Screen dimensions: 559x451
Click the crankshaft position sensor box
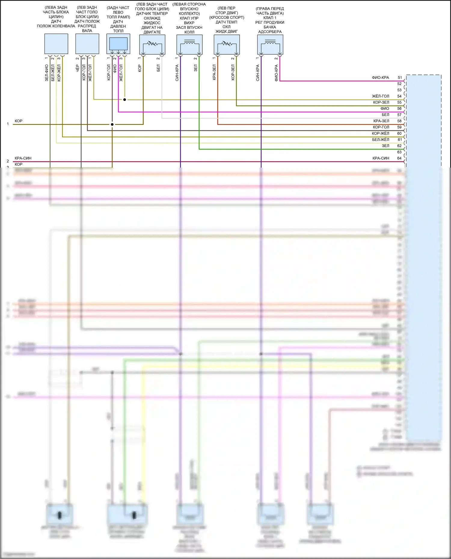point(56,44)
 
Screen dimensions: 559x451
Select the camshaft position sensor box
point(87,44)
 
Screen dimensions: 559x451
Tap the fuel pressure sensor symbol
point(118,44)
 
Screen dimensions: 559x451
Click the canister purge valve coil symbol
point(270,45)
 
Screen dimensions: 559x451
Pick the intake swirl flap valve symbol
point(189,45)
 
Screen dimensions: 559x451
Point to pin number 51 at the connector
point(400,77)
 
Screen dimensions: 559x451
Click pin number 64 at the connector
point(399,158)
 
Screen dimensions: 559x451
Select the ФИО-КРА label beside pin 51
point(380,77)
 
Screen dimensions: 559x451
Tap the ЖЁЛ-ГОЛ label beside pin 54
point(380,96)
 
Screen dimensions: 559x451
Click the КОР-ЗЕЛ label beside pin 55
point(381,102)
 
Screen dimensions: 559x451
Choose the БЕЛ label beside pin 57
point(385,115)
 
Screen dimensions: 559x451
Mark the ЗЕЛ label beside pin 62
point(385,146)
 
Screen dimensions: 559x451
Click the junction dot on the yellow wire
point(124,99)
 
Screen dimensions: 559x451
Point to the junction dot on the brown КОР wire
point(112,124)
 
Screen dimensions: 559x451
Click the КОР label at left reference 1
point(19,121)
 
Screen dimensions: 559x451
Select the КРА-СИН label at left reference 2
point(23,158)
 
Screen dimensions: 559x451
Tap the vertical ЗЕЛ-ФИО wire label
point(47,73)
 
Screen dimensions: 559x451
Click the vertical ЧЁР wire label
point(78,68)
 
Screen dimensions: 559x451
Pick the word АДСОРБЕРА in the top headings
point(270,32)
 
